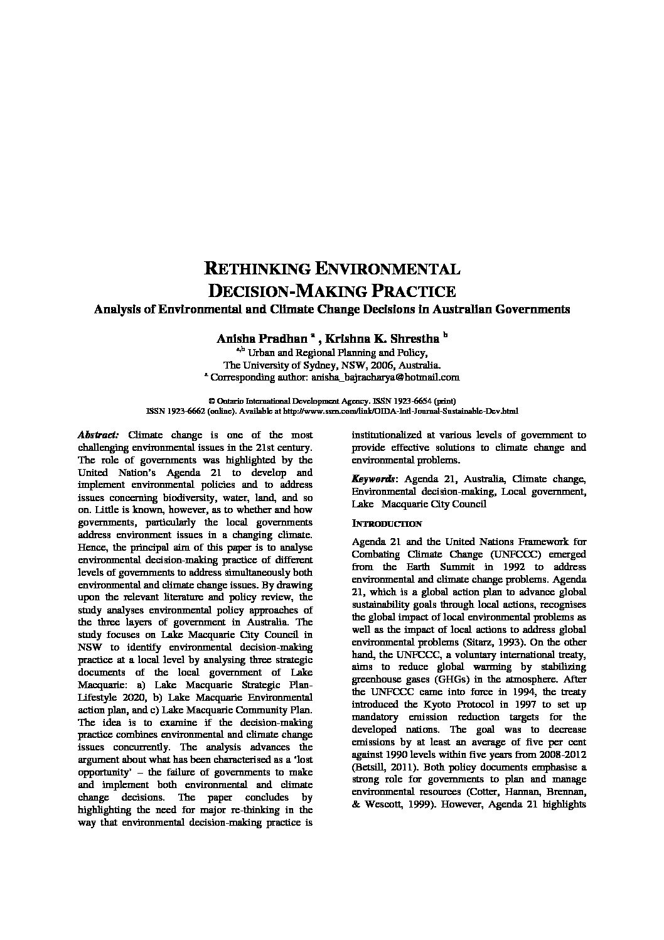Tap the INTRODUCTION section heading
[x=387, y=524]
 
